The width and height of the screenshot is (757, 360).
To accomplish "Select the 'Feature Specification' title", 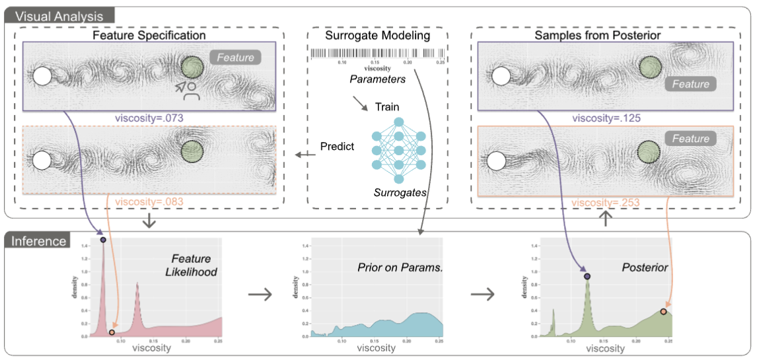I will [x=149, y=34].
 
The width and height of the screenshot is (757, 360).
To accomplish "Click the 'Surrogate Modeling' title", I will [x=378, y=34].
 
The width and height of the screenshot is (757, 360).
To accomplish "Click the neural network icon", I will [x=398, y=150].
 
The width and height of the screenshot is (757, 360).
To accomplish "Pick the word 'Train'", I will [x=387, y=106].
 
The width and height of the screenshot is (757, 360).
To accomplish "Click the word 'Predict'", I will [x=337, y=146].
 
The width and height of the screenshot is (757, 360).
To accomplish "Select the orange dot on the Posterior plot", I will [x=663, y=311].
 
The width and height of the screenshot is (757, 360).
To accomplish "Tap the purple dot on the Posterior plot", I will [x=587, y=275].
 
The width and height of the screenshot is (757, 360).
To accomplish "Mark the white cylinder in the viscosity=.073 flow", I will [x=42, y=76].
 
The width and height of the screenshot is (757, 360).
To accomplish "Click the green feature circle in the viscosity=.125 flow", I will [x=651, y=67].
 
